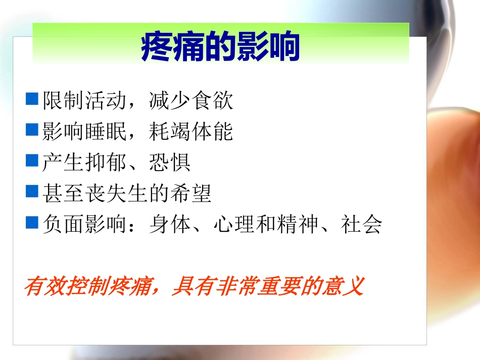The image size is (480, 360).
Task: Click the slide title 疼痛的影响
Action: click(221, 47)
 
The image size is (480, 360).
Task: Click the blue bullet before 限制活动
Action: click(32, 99)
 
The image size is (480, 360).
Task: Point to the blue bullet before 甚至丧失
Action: click(32, 191)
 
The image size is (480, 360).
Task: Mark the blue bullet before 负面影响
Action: click(32, 222)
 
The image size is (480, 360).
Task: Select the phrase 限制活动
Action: click(83, 101)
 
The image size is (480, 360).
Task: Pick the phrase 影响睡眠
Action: click(83, 132)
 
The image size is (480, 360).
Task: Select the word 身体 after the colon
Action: click(170, 224)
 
